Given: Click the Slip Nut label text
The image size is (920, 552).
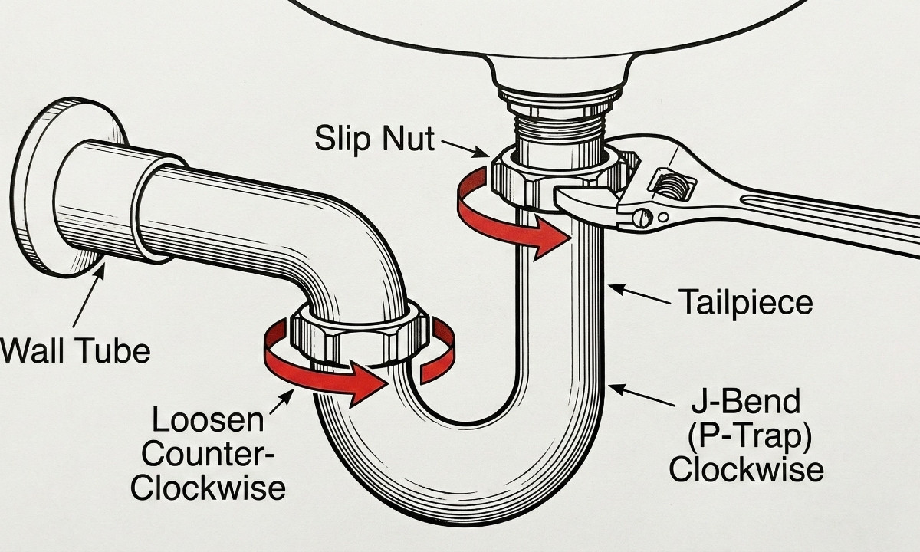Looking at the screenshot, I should [x=374, y=140].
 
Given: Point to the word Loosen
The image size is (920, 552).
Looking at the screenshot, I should [x=208, y=420].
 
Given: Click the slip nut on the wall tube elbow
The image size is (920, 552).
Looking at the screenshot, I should [x=359, y=337].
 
